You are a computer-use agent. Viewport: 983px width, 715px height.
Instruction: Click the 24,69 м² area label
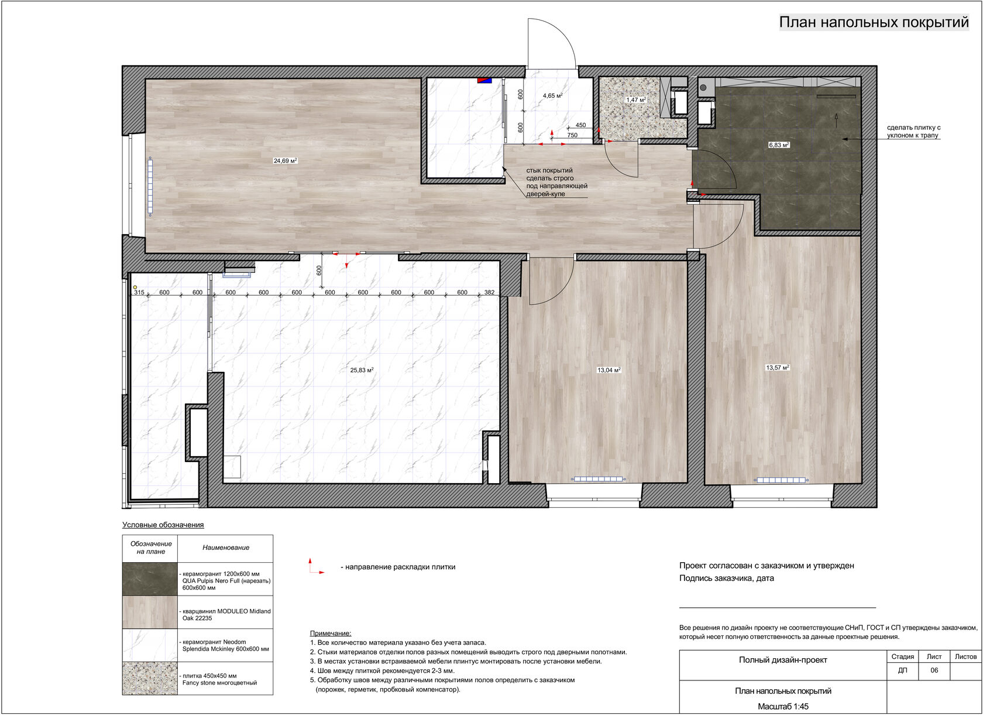pos(286,160)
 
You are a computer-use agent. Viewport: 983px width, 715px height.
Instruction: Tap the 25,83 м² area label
pos(362,370)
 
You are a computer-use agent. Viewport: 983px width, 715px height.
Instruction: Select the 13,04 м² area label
pos(609,370)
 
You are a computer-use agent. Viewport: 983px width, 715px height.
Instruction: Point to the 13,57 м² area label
pos(778,368)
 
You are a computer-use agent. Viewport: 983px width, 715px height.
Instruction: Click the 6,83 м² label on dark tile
pos(779,145)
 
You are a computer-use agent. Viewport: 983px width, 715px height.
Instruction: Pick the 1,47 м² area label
pos(637,100)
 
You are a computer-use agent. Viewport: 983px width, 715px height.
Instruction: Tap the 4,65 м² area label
pos(552,95)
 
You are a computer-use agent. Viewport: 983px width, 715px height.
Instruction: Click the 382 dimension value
pos(489,293)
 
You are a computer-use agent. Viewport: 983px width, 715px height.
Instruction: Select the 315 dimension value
pos(139,293)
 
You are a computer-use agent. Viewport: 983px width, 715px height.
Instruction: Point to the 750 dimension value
pos(572,135)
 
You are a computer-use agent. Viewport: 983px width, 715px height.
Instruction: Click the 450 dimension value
pos(580,125)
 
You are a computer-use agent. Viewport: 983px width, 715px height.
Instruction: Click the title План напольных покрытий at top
pos(874,22)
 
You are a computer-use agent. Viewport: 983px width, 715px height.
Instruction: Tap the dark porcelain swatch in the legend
pos(150,579)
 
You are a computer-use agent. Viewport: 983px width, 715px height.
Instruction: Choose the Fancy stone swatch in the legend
pos(150,678)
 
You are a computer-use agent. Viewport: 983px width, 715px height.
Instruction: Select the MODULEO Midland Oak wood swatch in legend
pos(150,613)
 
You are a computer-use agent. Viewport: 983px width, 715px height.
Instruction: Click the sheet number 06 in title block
pos(934,670)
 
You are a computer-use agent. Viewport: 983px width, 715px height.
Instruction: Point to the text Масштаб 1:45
pos(783,707)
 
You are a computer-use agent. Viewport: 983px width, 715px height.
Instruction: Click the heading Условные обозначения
pos(163,525)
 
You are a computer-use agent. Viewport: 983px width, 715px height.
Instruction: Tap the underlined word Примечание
pos(331,634)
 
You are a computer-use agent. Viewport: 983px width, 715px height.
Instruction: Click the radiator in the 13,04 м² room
pos(598,479)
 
